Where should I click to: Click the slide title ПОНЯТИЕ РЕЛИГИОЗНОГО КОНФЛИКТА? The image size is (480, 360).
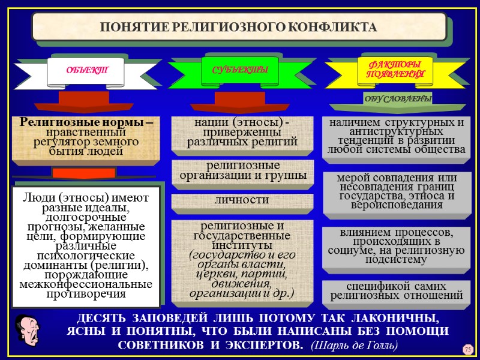239,28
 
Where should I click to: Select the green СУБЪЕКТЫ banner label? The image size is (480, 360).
240,71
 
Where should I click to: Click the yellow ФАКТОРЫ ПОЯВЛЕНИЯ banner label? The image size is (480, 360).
395,69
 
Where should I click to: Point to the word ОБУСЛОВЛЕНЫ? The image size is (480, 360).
398,98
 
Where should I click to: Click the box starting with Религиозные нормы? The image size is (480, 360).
86,137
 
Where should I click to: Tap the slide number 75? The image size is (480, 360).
467,349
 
